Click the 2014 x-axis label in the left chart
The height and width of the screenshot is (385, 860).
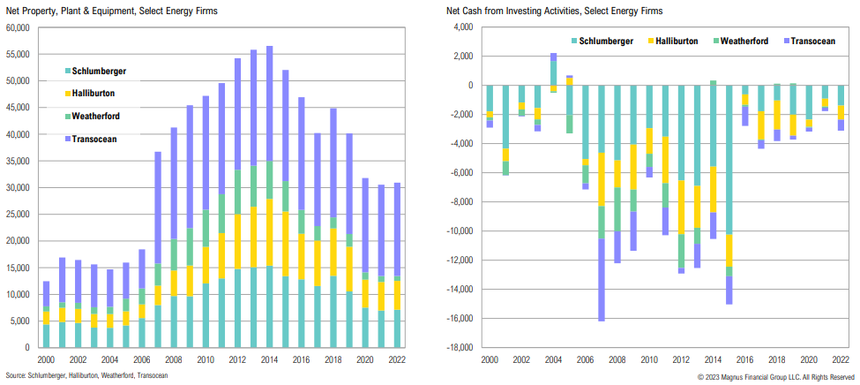coord(269,360)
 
